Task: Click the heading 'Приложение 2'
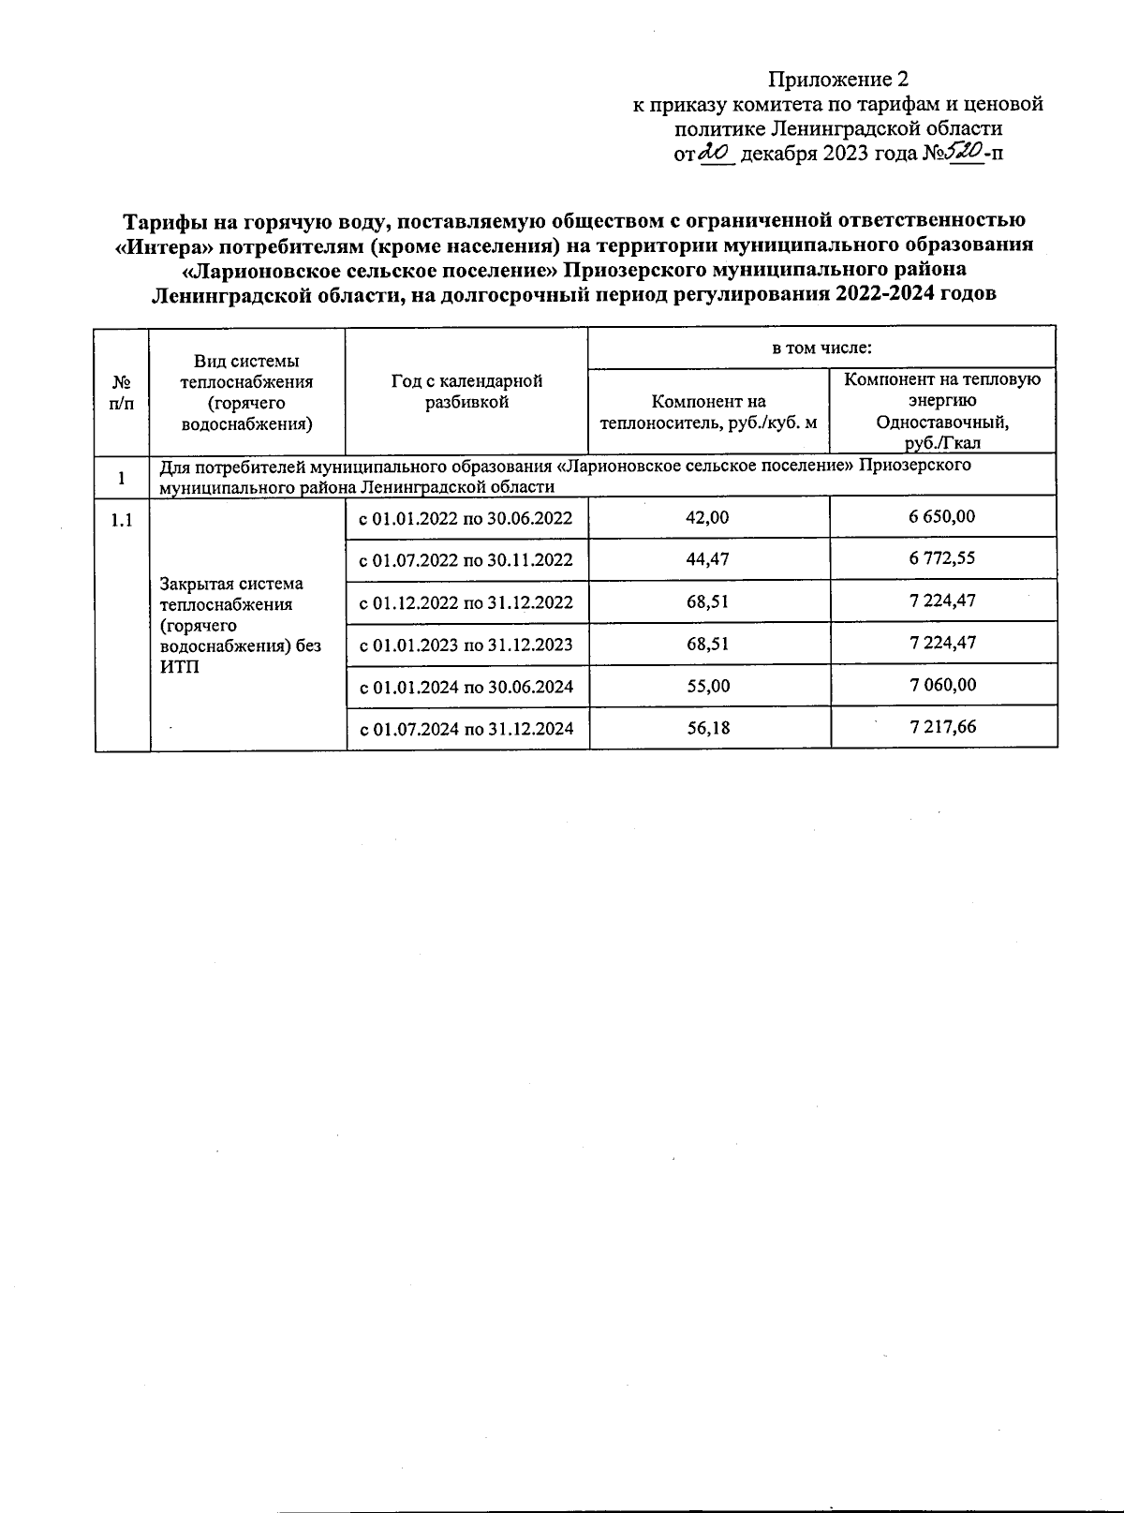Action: [x=838, y=79]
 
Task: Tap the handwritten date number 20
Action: [x=715, y=152]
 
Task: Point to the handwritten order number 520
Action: [x=967, y=151]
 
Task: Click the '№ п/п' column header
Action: [x=122, y=393]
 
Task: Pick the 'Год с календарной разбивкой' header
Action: [x=466, y=393]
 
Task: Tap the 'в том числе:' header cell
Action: [x=821, y=349]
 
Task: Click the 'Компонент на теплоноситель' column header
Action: [x=708, y=412]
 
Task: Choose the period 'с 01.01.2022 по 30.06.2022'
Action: [x=466, y=518]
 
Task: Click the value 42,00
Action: [x=708, y=517]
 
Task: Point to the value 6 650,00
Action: [x=942, y=516]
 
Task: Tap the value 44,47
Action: [x=708, y=559]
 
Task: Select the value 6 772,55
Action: [x=942, y=558]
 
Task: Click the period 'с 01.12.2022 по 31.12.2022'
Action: [x=466, y=602]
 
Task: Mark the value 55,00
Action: [x=708, y=686]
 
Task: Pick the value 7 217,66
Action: [x=942, y=726]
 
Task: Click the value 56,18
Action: [x=708, y=728]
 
